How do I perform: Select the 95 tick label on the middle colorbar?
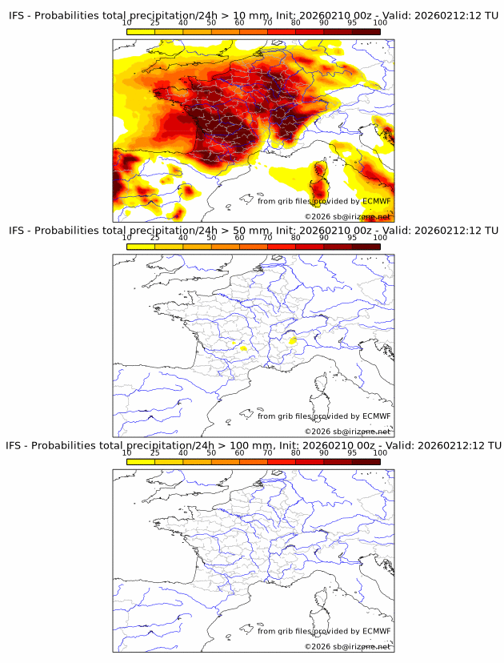[x=352, y=238]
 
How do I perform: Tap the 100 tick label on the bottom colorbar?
[x=380, y=452]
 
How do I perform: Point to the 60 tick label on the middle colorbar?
[x=239, y=238]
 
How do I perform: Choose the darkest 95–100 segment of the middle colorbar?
[x=366, y=247]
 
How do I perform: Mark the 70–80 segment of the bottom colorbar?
[x=282, y=461]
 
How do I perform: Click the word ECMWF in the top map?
[x=376, y=201]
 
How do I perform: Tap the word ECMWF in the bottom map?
[x=376, y=631]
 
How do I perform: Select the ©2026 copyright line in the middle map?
[x=347, y=432]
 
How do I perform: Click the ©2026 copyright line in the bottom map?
[x=347, y=646]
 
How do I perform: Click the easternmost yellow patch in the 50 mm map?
[x=293, y=340]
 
